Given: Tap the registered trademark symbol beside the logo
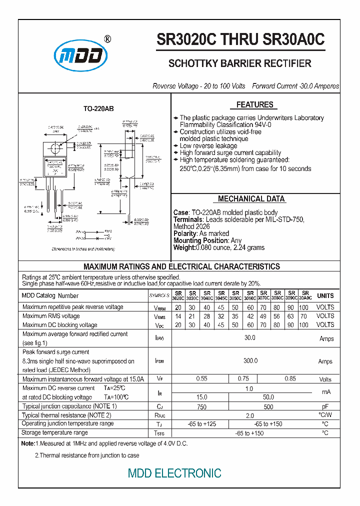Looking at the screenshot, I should [x=107, y=39].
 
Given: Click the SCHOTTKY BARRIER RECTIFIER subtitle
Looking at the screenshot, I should [x=240, y=63].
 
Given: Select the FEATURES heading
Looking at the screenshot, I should [x=254, y=105].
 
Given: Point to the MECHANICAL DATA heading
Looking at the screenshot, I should [x=251, y=199].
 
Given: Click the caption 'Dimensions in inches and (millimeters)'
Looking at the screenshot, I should [x=83, y=248].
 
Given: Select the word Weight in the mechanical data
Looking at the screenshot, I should [x=183, y=247].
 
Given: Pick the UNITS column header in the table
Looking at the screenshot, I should [x=325, y=295].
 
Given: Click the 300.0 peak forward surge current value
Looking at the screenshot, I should [x=250, y=361].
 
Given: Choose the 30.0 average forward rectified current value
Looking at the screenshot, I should [x=250, y=338].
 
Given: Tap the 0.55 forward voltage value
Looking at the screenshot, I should [x=201, y=379].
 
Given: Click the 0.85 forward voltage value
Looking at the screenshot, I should [x=290, y=379].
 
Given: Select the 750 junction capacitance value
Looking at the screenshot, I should [x=201, y=406].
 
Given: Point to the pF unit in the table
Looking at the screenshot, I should [x=325, y=406].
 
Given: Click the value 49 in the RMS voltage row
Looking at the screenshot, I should [x=264, y=316].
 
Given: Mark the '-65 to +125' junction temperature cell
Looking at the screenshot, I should [x=201, y=424].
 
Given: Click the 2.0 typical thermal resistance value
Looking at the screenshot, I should [x=250, y=415].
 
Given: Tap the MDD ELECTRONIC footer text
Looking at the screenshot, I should [x=174, y=473].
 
